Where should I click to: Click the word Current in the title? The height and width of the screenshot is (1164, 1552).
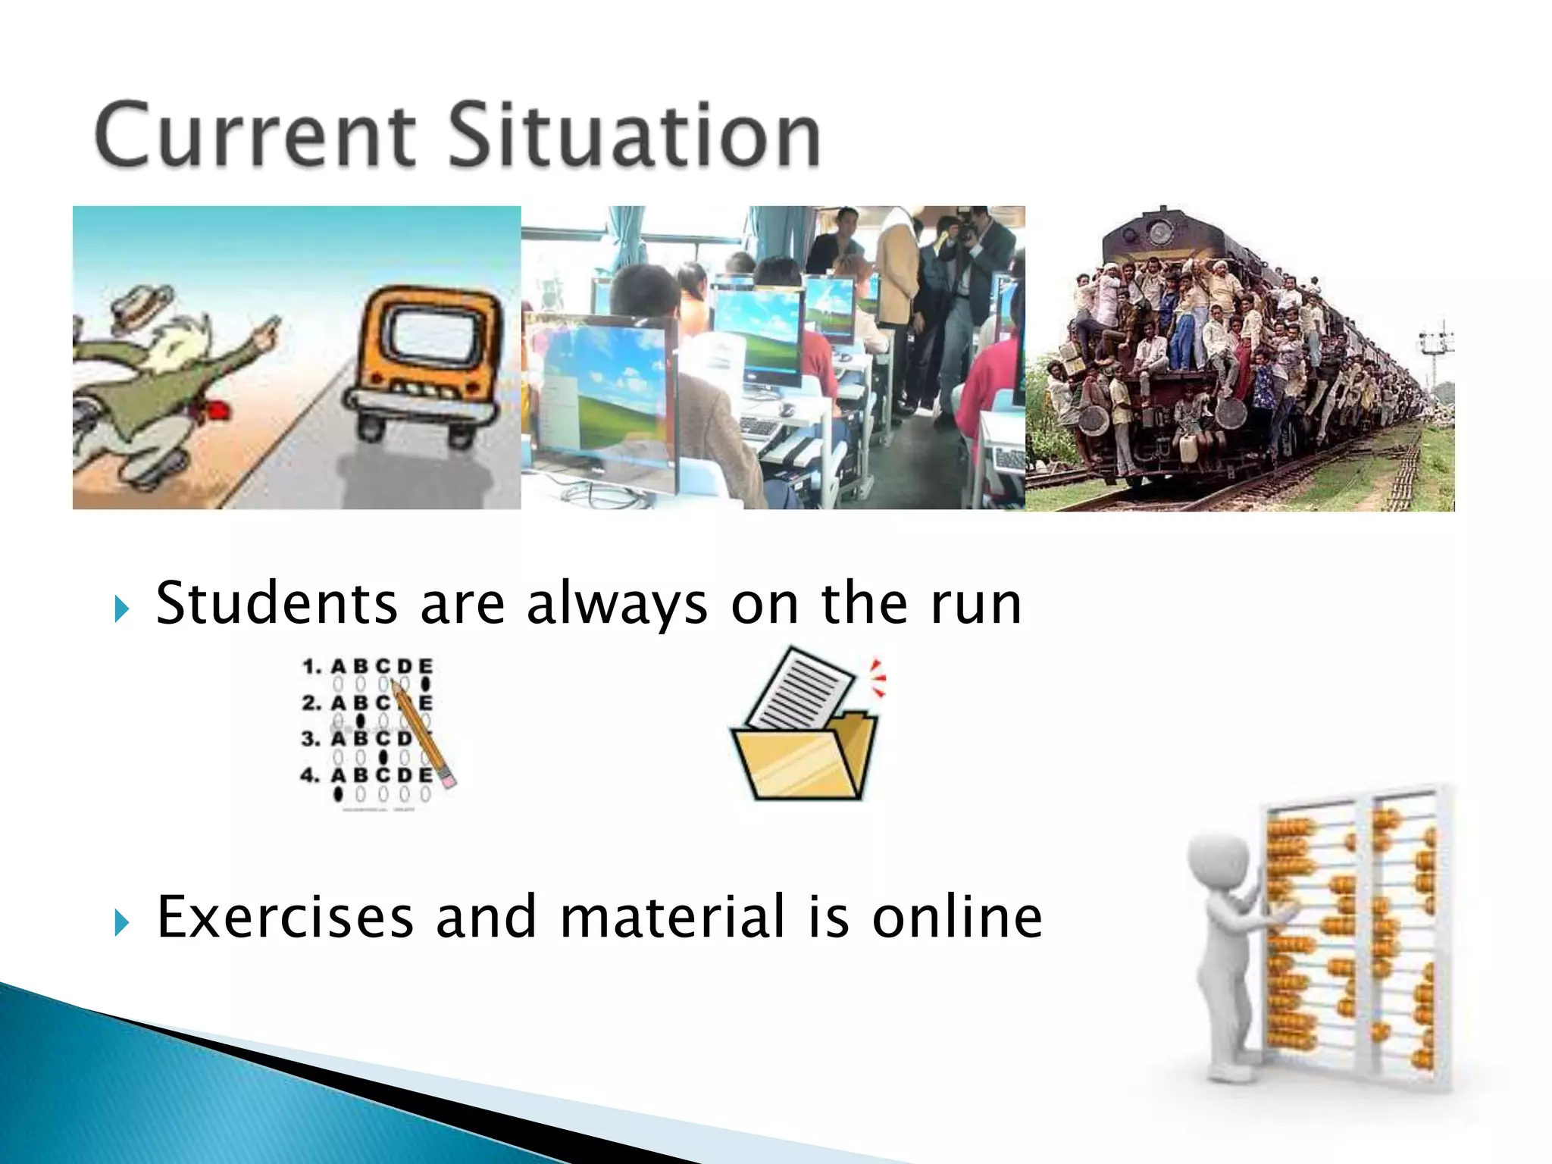point(255,136)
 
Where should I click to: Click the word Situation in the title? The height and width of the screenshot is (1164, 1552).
point(635,136)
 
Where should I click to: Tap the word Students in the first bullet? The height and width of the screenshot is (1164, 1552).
point(277,604)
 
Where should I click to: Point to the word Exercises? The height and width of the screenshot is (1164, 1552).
point(285,918)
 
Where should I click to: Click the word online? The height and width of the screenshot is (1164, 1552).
point(957,918)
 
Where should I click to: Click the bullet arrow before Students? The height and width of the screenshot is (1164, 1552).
point(122,608)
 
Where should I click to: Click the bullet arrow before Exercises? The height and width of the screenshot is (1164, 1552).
point(122,921)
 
